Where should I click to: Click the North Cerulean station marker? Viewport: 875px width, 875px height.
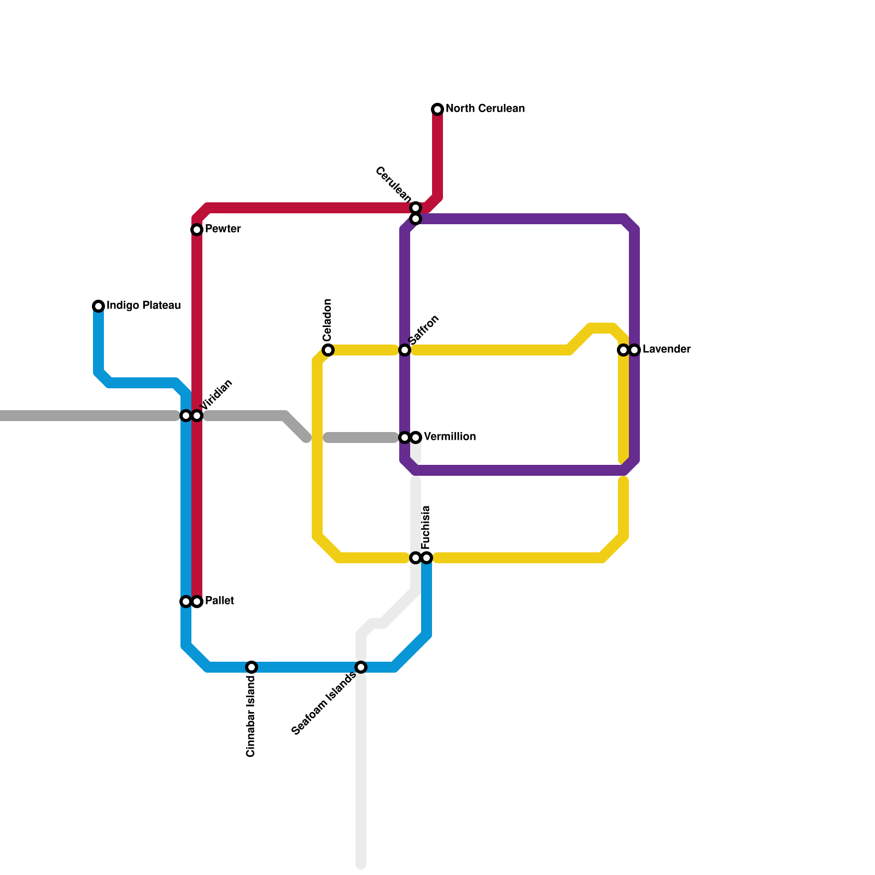click(437, 109)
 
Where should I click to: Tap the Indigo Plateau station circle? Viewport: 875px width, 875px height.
click(98, 306)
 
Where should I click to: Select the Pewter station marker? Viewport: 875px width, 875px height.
click(197, 230)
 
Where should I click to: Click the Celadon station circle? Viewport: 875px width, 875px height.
click(328, 350)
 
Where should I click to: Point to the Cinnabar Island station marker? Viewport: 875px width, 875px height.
click(252, 667)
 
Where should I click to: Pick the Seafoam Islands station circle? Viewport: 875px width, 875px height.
click(361, 667)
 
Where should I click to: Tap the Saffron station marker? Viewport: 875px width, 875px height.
click(405, 350)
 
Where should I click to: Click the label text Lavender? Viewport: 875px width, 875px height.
click(666, 349)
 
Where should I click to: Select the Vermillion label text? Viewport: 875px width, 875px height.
click(450, 436)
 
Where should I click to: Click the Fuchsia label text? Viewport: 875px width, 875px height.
click(426, 528)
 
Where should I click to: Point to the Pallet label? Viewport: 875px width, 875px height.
click(219, 600)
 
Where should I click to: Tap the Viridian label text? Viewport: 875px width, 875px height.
click(217, 395)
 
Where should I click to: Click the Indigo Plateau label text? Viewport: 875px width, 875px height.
click(143, 305)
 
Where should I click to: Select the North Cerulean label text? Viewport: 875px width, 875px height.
click(485, 108)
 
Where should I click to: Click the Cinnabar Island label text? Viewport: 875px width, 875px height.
click(251, 717)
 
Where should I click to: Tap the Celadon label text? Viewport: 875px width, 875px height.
click(328, 320)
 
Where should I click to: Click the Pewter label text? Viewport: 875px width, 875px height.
click(223, 229)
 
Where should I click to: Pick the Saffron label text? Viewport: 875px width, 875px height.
click(424, 330)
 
